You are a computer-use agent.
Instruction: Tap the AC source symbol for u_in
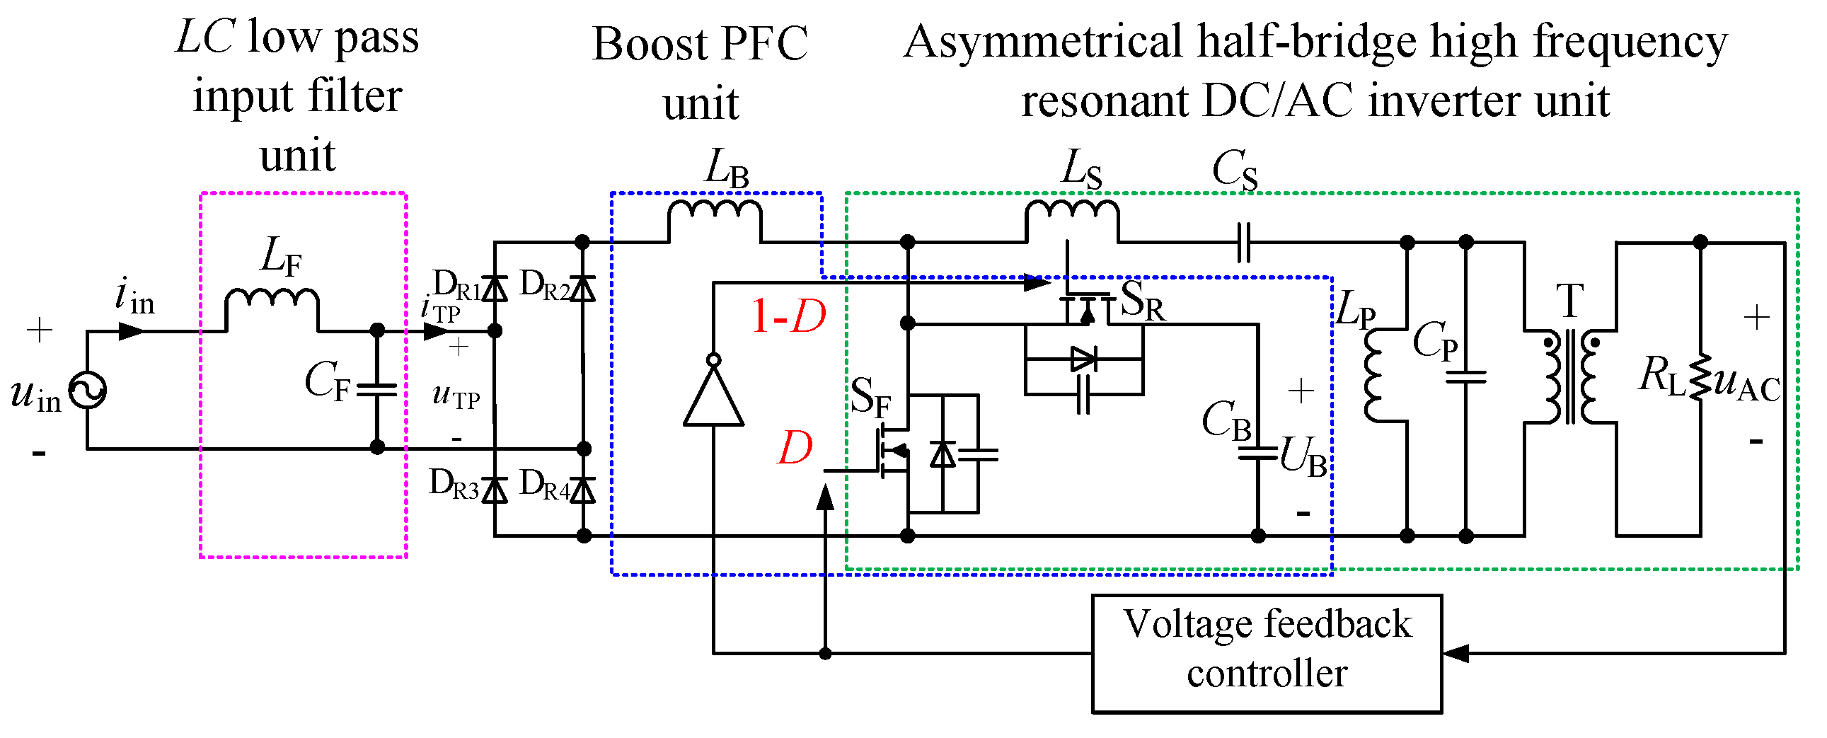(x=87, y=391)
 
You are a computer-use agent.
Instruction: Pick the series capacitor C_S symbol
(x=1243, y=243)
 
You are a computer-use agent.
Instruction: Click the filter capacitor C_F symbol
(x=377, y=389)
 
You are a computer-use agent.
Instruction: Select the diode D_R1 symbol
(x=495, y=289)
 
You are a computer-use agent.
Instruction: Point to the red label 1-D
(x=789, y=316)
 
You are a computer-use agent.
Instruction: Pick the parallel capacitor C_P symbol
(x=1466, y=377)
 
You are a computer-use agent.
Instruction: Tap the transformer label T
(x=1570, y=301)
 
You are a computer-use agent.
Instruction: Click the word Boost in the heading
(x=650, y=44)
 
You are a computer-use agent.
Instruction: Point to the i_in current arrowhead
(x=132, y=331)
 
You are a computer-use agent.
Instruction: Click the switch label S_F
(x=870, y=398)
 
